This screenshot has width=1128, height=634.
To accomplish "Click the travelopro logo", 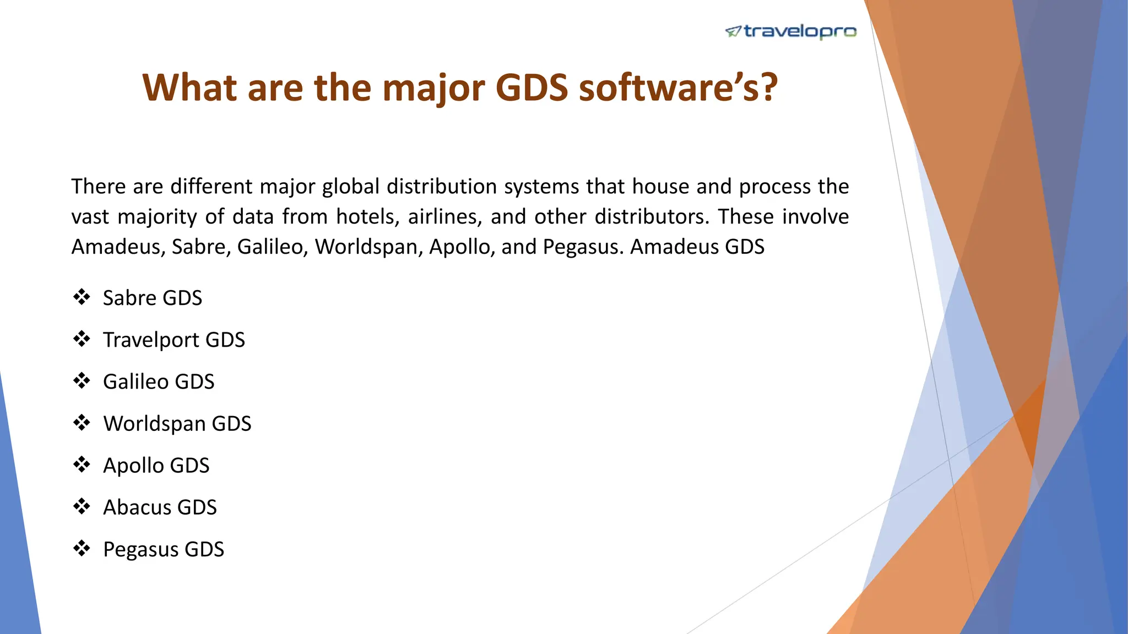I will [x=791, y=32].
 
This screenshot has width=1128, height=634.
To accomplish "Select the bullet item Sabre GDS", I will [x=153, y=298].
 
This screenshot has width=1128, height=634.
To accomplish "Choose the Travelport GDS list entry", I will [x=174, y=340].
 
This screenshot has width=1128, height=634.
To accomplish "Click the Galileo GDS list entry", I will [x=159, y=381].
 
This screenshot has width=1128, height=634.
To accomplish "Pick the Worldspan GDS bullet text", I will [x=177, y=423].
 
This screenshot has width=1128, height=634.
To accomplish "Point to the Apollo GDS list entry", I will [x=156, y=466].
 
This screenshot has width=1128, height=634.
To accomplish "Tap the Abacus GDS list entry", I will [x=160, y=507].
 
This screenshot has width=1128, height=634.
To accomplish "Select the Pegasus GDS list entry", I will [x=164, y=549].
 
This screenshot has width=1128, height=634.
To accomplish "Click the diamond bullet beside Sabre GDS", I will [x=82, y=297].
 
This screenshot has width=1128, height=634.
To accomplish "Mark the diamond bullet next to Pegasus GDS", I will [x=82, y=549].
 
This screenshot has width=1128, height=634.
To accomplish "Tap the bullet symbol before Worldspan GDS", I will [x=82, y=423].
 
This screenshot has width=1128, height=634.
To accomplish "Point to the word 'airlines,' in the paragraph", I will [x=445, y=217].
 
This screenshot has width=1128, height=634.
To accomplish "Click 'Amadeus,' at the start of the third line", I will [x=118, y=247].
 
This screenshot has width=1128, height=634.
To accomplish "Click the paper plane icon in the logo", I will [x=733, y=32].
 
